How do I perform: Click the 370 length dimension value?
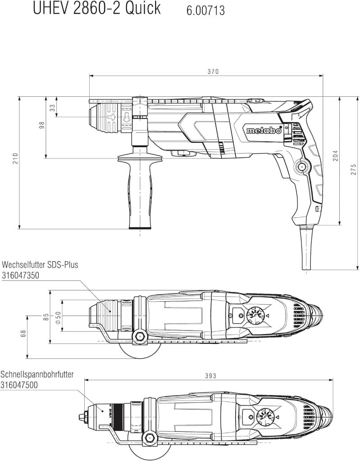tap(213, 72)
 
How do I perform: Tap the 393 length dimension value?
tap(210, 376)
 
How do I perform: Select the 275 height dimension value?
tap(354, 170)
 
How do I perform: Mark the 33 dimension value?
tap(52, 108)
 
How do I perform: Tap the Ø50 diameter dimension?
tap(58, 318)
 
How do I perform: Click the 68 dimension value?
tap(23, 334)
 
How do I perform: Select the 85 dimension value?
tap(46, 317)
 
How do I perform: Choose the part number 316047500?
tap(19, 385)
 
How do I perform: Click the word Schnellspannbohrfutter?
tap(37, 375)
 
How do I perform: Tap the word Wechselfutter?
tap(23, 265)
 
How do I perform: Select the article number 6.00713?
tap(205, 11)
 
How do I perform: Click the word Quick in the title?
tap(143, 9)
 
